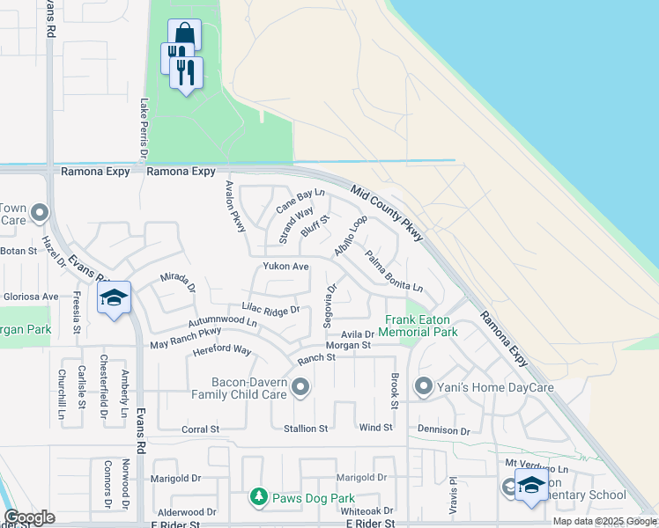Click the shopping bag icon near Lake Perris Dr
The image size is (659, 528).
point(184,34)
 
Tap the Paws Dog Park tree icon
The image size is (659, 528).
point(258,498)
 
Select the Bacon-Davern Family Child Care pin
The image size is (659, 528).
point(300,387)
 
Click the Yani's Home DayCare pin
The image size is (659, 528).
point(424,385)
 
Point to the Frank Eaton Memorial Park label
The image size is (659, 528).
point(418,326)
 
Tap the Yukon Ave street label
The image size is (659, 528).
point(285,266)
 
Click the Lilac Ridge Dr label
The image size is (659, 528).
point(271,310)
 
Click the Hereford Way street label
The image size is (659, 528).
point(222,350)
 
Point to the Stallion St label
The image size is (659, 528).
point(305,429)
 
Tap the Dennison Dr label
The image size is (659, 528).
point(444,430)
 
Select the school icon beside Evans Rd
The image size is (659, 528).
point(115,298)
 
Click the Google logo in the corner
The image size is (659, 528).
point(29,517)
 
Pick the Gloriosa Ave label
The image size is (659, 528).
point(30,297)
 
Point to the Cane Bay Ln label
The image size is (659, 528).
point(300,201)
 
